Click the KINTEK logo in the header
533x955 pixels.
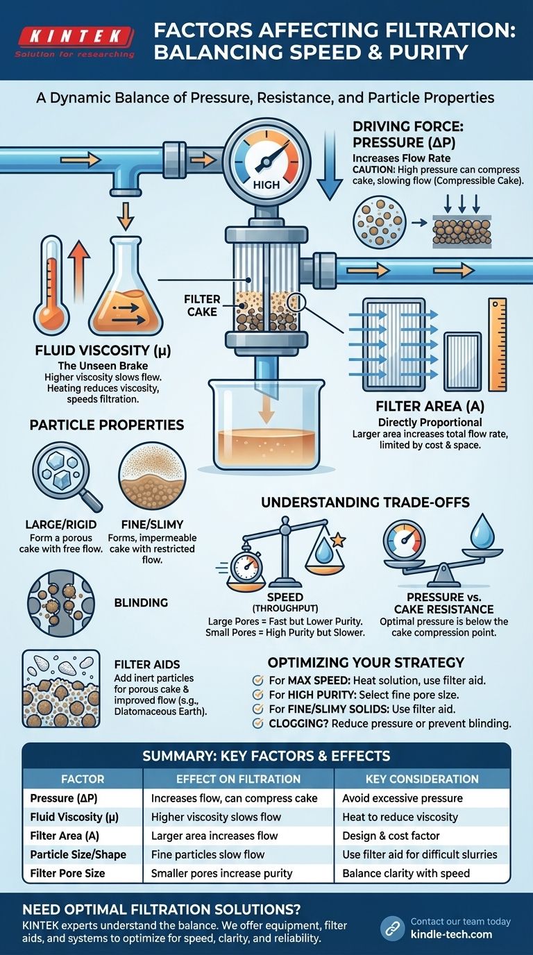[75, 42]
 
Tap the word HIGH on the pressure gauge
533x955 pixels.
[266, 185]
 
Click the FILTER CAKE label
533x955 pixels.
[202, 305]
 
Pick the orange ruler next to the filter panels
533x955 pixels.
[498, 345]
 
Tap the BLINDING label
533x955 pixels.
[141, 603]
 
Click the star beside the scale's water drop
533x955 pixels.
[338, 540]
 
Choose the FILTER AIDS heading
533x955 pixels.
[147, 665]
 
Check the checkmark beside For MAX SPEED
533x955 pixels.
[257, 680]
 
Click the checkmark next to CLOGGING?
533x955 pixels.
[257, 723]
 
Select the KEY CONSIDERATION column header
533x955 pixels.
[422, 779]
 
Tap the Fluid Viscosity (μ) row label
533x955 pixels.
[74, 818]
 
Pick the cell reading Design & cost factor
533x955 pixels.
[391, 836]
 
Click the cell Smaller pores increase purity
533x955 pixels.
[221, 873]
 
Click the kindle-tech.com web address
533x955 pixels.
[451, 934]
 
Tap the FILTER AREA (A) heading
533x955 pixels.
[430, 407]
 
